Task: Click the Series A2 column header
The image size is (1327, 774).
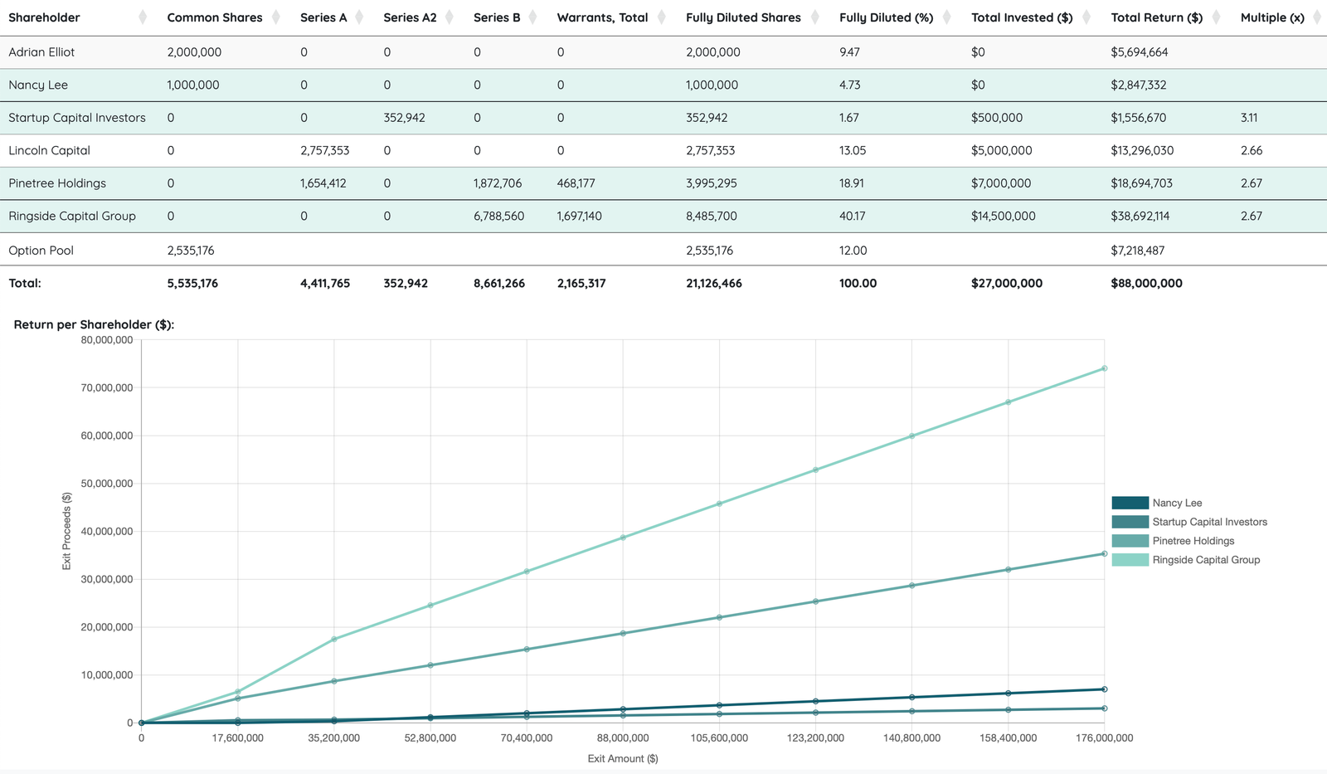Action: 410,17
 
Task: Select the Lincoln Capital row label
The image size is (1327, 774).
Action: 49,150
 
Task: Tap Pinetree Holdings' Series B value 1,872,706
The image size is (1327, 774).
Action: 498,183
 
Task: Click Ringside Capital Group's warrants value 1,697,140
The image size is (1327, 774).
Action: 580,217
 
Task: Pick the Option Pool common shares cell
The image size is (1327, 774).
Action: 191,251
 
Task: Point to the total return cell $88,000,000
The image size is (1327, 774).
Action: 1146,283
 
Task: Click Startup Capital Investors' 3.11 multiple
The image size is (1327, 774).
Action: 1249,118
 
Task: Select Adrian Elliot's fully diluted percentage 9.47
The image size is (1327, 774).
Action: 849,52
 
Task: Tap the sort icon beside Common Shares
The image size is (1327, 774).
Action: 276,17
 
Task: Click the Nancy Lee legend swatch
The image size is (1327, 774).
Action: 1130,504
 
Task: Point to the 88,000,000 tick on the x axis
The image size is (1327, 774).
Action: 623,737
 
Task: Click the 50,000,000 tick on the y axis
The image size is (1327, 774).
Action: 107,484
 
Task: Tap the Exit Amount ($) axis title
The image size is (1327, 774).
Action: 623,758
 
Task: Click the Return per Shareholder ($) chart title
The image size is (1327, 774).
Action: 94,324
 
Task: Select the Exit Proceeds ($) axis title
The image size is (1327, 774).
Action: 66,531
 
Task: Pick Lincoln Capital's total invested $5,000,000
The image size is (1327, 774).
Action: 1001,150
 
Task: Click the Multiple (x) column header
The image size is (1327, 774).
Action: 1272,17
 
